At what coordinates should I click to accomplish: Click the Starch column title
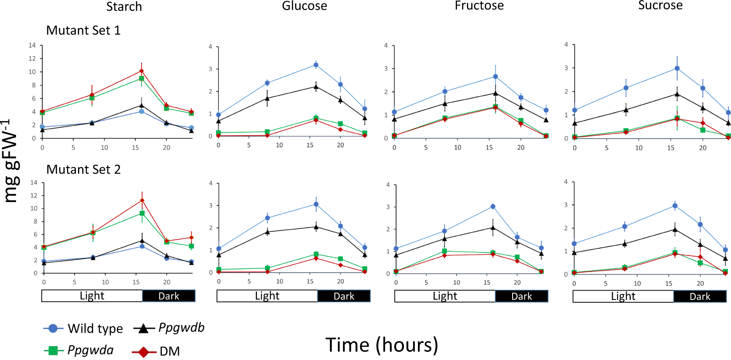click(x=124, y=7)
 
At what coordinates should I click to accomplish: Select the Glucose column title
click(x=304, y=6)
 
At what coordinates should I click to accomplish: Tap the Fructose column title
click(x=479, y=5)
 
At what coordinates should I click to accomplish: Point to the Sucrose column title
click(x=660, y=5)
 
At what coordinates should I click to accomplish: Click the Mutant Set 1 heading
click(x=83, y=30)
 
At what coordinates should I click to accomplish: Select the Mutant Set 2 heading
click(x=83, y=170)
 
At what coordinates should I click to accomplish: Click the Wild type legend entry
click(x=83, y=328)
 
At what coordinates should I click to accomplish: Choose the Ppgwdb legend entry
click(x=169, y=328)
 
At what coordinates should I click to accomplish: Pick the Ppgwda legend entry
click(x=79, y=350)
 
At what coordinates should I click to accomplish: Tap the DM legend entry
click(x=156, y=351)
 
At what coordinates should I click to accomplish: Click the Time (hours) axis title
click(x=382, y=345)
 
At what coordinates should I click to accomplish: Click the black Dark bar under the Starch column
click(x=168, y=296)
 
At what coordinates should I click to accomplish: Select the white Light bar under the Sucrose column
click(x=623, y=296)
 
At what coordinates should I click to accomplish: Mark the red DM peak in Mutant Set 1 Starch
click(x=142, y=71)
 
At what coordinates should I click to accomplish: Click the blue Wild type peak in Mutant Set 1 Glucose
click(x=316, y=65)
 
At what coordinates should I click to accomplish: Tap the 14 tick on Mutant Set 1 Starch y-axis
click(x=32, y=45)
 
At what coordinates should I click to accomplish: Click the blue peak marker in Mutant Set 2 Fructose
click(x=493, y=206)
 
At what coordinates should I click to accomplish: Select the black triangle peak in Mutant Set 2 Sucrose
click(x=675, y=230)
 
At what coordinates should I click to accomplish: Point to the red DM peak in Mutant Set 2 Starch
click(x=142, y=200)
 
